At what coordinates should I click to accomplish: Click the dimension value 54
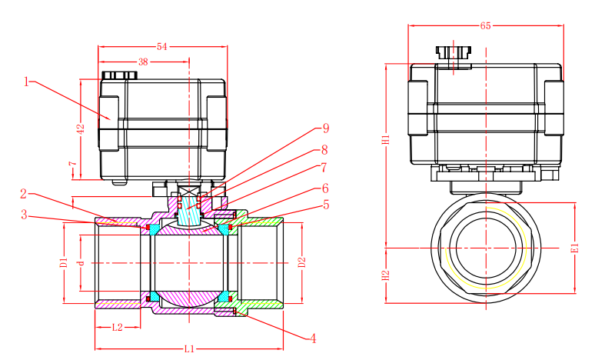click(x=162, y=47)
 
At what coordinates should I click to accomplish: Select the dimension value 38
click(x=143, y=62)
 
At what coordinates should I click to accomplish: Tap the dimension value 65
click(x=485, y=26)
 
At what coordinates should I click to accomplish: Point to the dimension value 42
click(x=81, y=129)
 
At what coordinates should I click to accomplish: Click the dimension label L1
click(x=189, y=348)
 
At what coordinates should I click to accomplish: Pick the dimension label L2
click(x=118, y=327)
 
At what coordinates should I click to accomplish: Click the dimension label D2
click(x=301, y=262)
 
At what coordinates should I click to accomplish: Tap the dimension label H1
click(x=386, y=139)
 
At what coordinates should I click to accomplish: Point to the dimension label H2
click(x=386, y=275)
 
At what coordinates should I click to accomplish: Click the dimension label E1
click(x=576, y=248)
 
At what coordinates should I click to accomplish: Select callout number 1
click(x=26, y=82)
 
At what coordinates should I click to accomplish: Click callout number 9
click(x=326, y=128)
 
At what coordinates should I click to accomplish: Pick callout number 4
click(x=313, y=338)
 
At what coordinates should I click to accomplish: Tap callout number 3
click(x=25, y=215)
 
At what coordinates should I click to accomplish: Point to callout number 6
click(x=325, y=188)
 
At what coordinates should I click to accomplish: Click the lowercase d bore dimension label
click(x=80, y=262)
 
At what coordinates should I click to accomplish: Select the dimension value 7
click(x=72, y=164)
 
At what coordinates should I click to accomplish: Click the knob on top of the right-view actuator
click(x=454, y=52)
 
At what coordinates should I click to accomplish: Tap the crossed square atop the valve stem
click(x=189, y=191)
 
